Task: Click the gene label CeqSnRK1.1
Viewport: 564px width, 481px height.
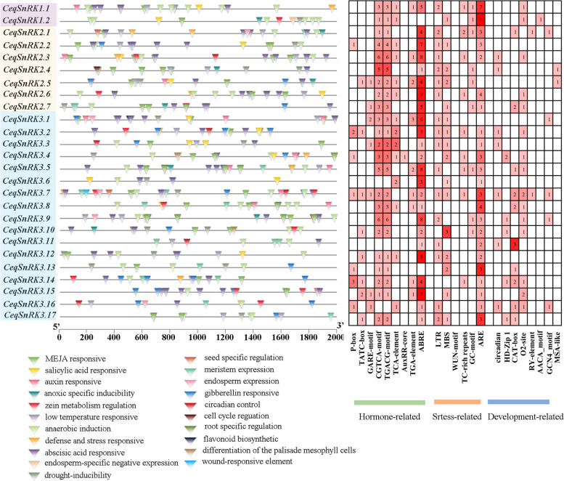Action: [27, 7]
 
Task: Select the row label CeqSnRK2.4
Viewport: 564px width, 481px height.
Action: [27, 70]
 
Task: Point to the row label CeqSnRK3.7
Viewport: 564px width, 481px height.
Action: [27, 193]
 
